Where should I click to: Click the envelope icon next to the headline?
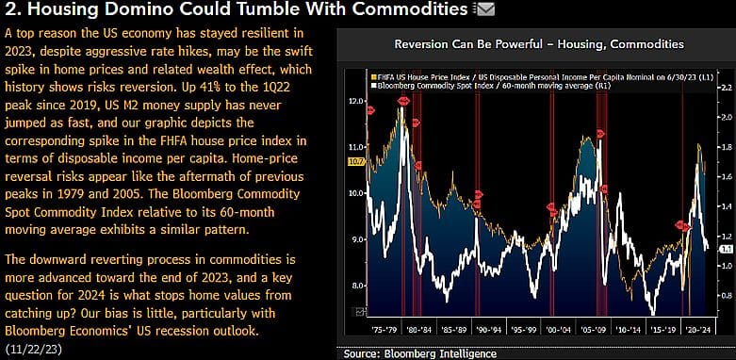485,10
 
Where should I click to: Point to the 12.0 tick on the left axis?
355,100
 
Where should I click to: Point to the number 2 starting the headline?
9,11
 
